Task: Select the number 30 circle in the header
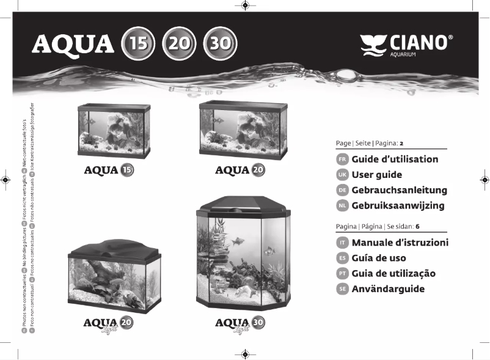tap(219, 43)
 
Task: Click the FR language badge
tap(342, 160)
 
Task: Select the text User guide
tap(376, 175)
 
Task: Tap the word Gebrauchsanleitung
tap(399, 191)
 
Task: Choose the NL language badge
tap(342, 206)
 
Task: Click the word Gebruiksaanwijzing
tap(398, 206)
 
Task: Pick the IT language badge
tap(342, 243)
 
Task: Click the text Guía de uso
tap(379, 258)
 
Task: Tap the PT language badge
tap(342, 274)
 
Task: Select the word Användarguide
tap(388, 289)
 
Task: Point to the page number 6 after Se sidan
tap(417, 226)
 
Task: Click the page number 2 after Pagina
tap(402, 144)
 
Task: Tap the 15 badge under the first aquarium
tap(126, 171)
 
